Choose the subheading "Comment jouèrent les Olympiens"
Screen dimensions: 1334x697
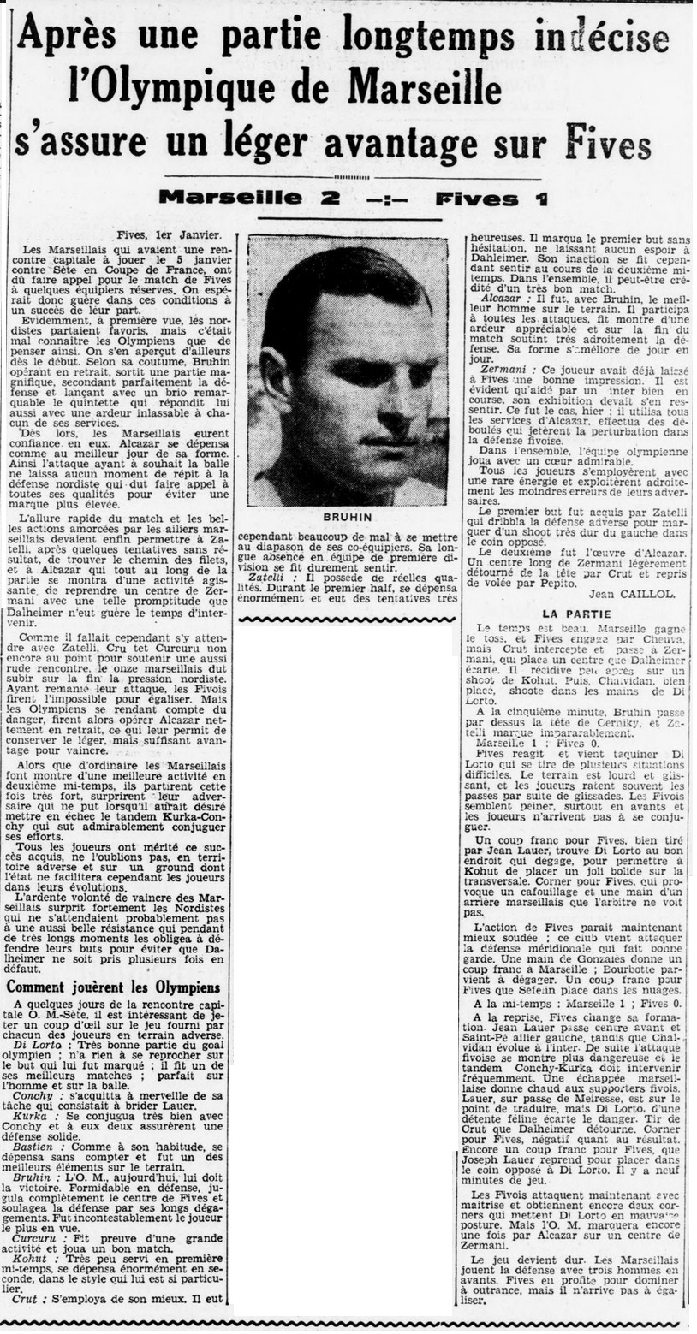click(114, 987)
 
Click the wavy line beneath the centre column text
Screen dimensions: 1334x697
click(347, 618)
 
